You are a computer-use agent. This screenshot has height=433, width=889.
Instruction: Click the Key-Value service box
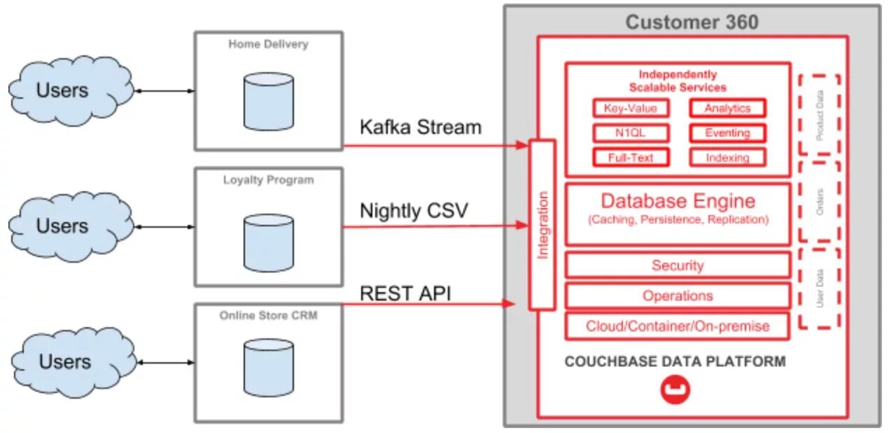[x=631, y=108]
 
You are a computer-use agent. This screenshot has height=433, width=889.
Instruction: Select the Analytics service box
[x=727, y=108]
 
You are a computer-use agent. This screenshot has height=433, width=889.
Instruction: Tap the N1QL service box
[x=631, y=132]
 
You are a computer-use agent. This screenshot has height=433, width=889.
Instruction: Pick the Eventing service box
[x=727, y=132]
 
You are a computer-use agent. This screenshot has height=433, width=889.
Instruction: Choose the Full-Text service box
[x=631, y=157]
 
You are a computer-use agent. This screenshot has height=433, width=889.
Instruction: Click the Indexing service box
[x=727, y=157]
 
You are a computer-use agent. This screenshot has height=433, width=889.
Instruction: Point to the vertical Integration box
[x=542, y=225]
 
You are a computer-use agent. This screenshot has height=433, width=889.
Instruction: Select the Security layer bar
[x=678, y=266]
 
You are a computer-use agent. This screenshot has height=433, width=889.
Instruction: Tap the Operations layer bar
[x=678, y=296]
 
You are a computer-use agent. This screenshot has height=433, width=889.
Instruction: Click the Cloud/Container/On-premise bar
[x=678, y=326]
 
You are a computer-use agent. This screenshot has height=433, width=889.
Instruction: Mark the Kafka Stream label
[x=421, y=128]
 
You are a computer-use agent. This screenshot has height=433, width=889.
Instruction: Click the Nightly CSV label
[x=414, y=210]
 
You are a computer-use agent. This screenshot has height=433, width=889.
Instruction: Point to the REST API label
[x=405, y=293]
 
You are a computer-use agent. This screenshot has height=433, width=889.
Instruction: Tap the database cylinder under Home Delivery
[x=268, y=102]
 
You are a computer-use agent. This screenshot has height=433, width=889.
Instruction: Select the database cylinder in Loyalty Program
[x=268, y=243]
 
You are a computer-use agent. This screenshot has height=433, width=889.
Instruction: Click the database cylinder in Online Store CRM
[x=268, y=368]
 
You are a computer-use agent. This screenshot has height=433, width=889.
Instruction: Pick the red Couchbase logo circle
[x=675, y=390]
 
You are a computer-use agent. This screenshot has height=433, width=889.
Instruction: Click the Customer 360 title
[x=692, y=22]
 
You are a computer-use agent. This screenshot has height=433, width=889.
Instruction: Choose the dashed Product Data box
[x=819, y=114]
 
